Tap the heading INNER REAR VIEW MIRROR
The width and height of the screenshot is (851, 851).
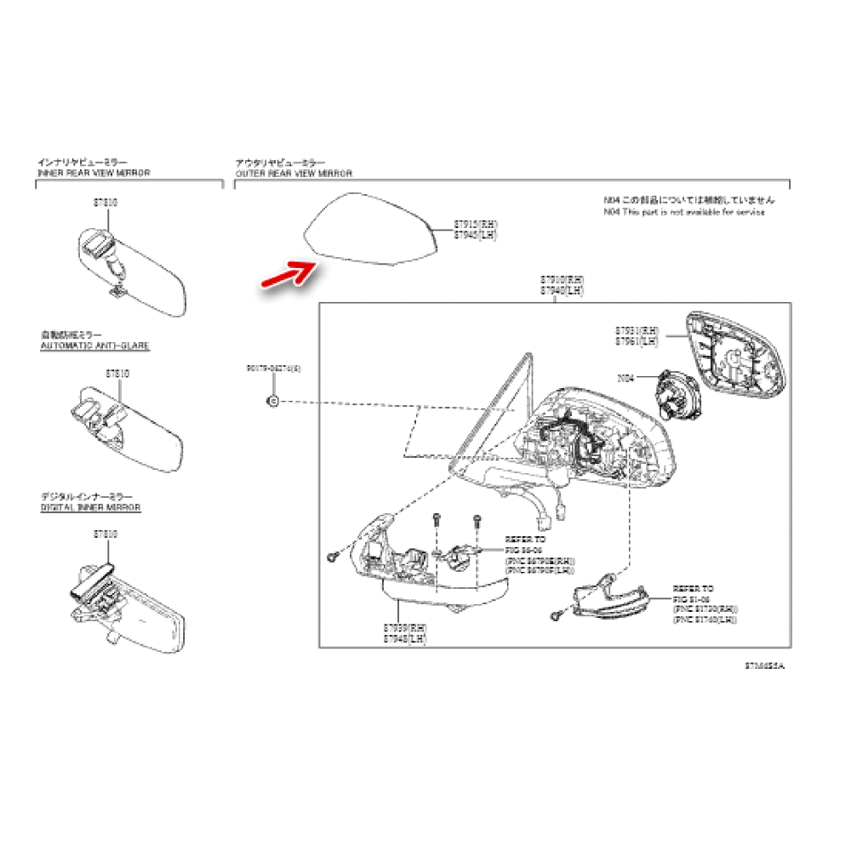94,173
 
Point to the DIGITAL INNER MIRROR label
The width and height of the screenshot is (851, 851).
90,507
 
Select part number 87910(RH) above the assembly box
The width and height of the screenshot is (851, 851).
563,280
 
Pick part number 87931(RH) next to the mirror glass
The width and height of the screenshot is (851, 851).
637,330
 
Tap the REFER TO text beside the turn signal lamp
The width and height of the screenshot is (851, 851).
693,588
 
